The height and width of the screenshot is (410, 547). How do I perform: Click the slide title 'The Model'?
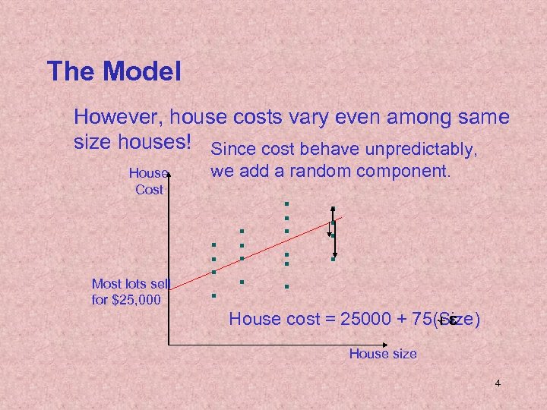coord(114,72)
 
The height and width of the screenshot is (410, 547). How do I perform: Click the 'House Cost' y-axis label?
coord(149,181)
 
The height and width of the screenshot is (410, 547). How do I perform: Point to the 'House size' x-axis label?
coord(383,353)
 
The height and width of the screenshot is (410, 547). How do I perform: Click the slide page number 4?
coord(498,383)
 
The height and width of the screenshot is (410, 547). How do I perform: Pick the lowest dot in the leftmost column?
coord(214,295)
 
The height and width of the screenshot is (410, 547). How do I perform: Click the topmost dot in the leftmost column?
coord(214,244)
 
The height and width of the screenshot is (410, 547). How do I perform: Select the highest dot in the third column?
coord(287,204)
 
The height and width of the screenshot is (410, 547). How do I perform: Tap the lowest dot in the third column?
coord(287,286)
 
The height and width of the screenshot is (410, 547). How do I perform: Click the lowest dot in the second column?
coord(241,282)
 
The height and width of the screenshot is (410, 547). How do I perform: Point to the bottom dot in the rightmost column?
coord(333,259)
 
